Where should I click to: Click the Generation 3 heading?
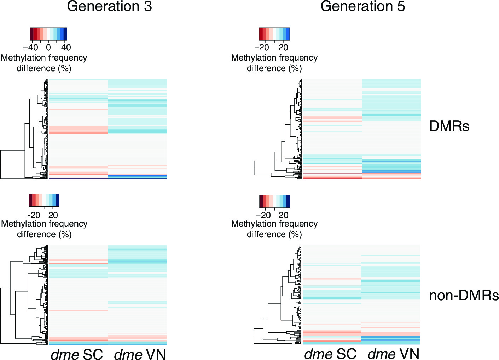coord(109,7)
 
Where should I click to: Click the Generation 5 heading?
coord(362,7)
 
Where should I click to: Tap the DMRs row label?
coord(449,126)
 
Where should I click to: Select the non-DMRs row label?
coord(464,295)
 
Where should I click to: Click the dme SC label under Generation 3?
coord(77,354)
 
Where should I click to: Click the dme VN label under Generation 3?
coord(140,354)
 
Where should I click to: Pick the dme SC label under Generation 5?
coord(330,354)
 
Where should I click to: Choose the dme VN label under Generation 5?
coord(394,354)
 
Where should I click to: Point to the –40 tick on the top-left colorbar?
coord(31,47)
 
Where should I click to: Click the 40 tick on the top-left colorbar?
coord(66,47)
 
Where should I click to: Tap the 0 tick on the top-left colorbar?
coord(48,47)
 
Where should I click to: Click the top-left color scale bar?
coord(48,34)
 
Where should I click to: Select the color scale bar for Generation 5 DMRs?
coord(274,34)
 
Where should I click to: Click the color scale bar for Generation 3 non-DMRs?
coord(44,200)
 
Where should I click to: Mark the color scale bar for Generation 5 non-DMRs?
coord(274,201)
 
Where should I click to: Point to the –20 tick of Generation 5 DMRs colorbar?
coord(262,47)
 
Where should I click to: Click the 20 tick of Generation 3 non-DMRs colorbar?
coord(53,215)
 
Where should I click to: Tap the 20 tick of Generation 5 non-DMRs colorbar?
coord(283,215)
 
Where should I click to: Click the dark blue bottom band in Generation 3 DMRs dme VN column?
coord(137,177)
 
